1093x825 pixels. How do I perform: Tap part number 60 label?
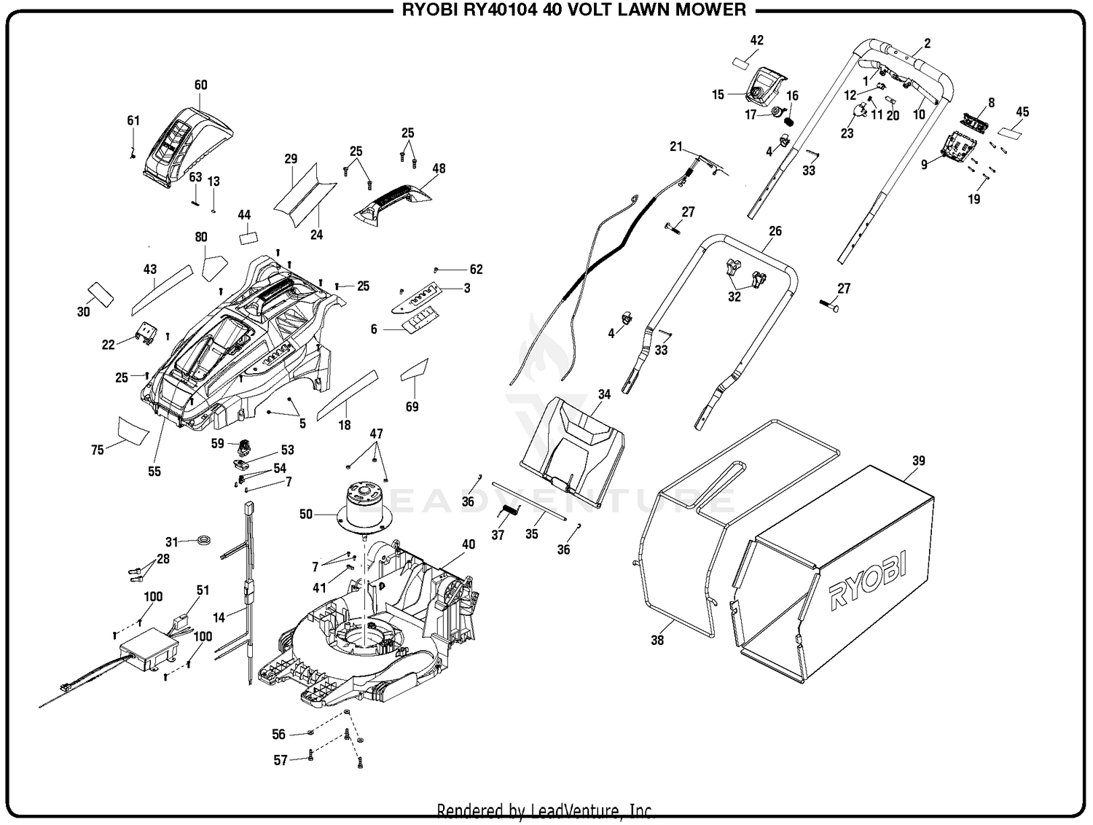pyautogui.click(x=200, y=85)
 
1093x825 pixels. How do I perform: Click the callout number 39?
pyautogui.click(x=918, y=461)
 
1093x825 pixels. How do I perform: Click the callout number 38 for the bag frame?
pyautogui.click(x=657, y=640)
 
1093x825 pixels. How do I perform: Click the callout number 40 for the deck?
pyautogui.click(x=468, y=544)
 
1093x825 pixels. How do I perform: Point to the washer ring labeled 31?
pyautogui.click(x=203, y=541)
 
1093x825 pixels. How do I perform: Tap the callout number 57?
pyautogui.click(x=281, y=760)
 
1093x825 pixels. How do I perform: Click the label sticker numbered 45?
pyautogui.click(x=1009, y=133)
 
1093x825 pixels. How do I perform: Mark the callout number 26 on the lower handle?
pyautogui.click(x=775, y=231)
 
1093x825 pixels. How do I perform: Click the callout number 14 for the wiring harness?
pyautogui.click(x=218, y=617)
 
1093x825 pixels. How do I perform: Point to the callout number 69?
pyautogui.click(x=412, y=407)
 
